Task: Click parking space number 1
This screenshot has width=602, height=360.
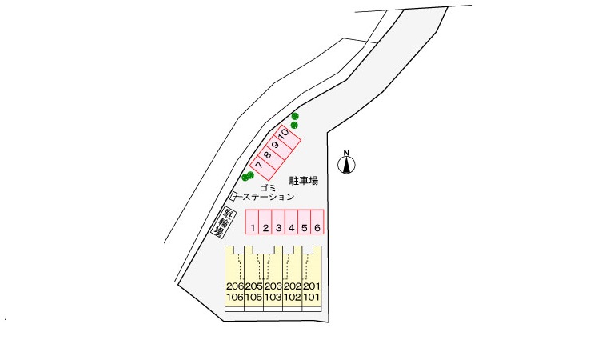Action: tap(253, 222)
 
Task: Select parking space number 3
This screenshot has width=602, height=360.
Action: tap(278, 222)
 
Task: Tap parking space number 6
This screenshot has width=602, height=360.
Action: tap(317, 222)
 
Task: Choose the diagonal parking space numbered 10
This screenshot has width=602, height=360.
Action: tap(286, 137)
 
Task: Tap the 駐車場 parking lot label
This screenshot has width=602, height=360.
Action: tap(304, 180)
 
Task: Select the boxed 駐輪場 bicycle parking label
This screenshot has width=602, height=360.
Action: tap(220, 222)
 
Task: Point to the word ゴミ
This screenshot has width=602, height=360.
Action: tap(269, 188)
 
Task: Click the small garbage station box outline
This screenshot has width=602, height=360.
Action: tap(233, 196)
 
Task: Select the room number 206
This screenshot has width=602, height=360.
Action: tap(235, 286)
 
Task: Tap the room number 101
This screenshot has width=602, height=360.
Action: tap(311, 297)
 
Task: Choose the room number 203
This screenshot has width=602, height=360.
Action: tap(273, 286)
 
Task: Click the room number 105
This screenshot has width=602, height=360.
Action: tap(253, 297)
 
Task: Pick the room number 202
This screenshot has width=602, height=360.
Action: tap(292, 286)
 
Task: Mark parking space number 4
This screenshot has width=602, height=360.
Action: tap(291, 222)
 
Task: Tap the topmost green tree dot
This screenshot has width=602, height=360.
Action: tap(295, 116)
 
